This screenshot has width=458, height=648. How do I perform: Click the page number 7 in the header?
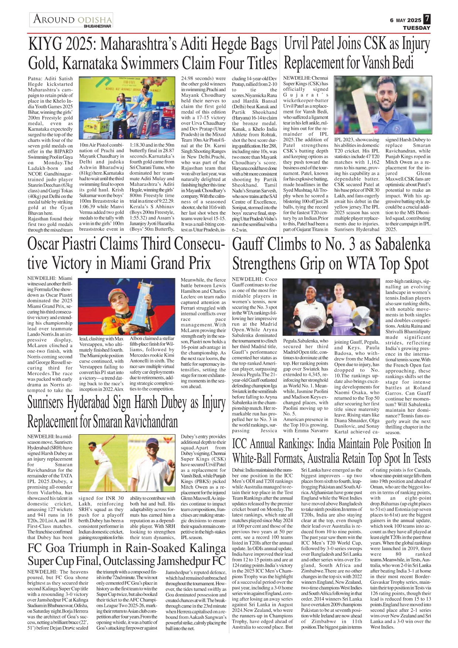[x=427, y=19]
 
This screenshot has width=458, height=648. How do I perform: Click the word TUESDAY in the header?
[x=416, y=28]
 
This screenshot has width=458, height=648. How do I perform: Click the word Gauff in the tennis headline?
[x=251, y=245]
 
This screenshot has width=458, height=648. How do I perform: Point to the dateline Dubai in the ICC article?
[x=238, y=470]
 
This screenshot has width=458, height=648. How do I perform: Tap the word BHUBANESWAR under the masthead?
[x=98, y=26]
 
